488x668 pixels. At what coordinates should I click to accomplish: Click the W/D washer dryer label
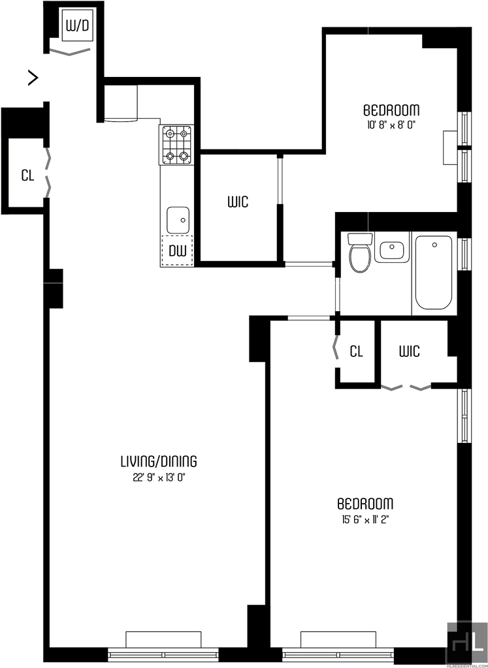[x=78, y=26]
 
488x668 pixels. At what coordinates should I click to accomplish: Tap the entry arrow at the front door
[x=33, y=78]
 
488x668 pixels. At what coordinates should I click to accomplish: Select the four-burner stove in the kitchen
[x=176, y=145]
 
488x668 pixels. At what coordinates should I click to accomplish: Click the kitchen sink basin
[x=178, y=220]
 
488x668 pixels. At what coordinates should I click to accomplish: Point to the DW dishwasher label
[x=178, y=251]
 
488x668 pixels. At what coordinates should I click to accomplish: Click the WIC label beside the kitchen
[x=238, y=202]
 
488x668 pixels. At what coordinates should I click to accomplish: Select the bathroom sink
[x=391, y=247]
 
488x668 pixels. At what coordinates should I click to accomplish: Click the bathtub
[x=434, y=273]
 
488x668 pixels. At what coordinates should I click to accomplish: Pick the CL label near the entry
[x=27, y=175]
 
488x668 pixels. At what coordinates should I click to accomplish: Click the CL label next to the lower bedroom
[x=356, y=352]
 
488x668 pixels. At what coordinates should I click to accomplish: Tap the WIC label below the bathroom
[x=410, y=352]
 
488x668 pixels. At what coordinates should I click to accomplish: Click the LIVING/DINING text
[x=159, y=461]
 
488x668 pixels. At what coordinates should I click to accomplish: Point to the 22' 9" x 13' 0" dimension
[x=159, y=478]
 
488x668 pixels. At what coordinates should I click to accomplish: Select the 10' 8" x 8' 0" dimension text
[x=391, y=125]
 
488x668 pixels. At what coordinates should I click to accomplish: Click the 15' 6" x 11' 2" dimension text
[x=365, y=519]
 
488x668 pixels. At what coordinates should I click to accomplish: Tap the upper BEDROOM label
[x=391, y=110]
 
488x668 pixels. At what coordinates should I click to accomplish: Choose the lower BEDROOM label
[x=365, y=504]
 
